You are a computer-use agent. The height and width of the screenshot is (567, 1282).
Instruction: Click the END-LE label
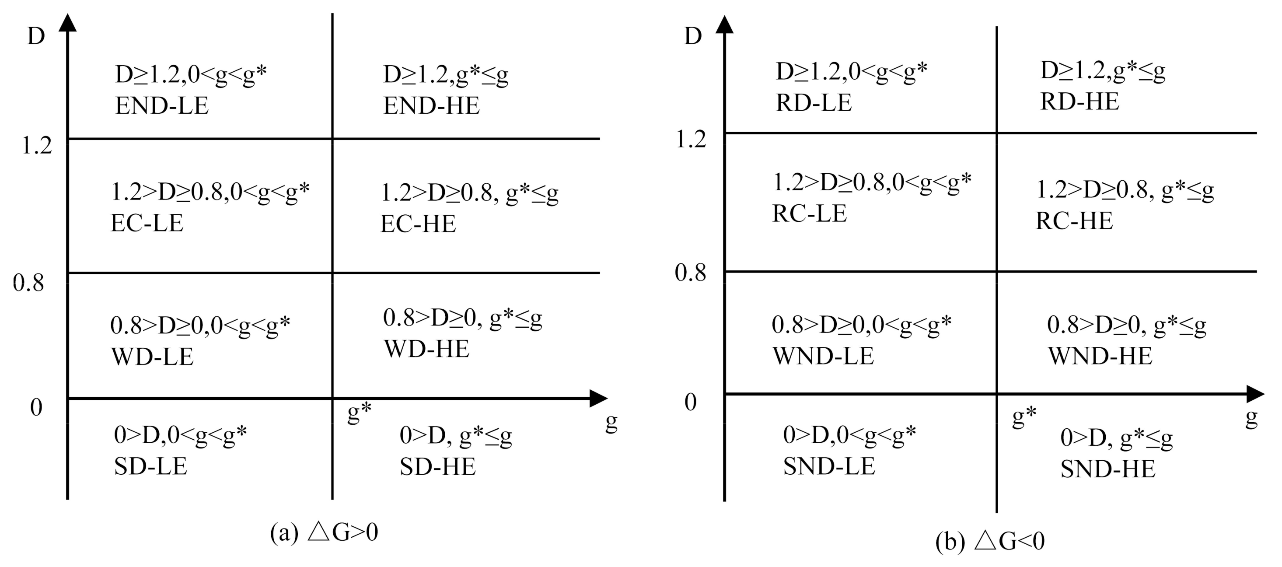coord(162,106)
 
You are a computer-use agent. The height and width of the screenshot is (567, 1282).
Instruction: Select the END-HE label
coord(431,106)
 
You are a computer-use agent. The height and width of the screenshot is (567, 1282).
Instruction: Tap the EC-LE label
coord(147,224)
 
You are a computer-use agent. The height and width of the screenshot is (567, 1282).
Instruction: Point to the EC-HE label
coord(418,224)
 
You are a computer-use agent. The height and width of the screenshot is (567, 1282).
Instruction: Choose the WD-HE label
coord(426,350)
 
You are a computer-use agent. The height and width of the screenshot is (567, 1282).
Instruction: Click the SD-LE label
coord(150,467)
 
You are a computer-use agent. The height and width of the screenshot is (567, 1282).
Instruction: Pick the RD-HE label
coord(1079,102)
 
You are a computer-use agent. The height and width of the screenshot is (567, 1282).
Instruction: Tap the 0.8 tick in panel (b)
coord(690,273)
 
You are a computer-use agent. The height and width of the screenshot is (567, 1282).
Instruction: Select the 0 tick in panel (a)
coord(36,408)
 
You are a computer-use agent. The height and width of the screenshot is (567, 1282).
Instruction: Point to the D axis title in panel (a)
coord(36,36)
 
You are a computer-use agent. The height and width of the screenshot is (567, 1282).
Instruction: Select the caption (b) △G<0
coord(990,542)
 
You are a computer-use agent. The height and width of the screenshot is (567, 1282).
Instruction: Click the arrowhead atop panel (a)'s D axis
coord(68,23)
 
